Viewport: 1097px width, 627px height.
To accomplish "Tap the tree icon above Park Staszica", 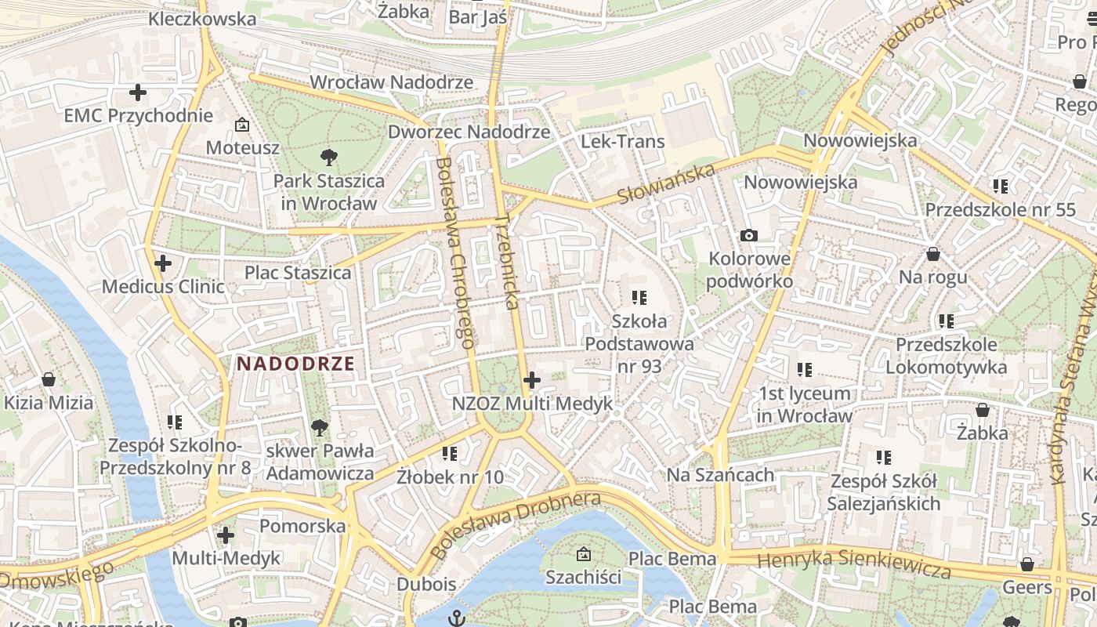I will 329,158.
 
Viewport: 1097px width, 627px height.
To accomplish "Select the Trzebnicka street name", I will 508,262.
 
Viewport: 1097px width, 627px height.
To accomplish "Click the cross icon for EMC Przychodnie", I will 138,93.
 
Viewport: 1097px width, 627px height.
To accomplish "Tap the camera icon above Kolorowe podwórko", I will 749,235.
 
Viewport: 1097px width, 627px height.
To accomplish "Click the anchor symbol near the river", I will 456,618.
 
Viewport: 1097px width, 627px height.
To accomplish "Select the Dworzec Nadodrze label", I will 469,132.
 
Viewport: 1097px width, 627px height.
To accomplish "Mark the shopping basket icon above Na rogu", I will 932,255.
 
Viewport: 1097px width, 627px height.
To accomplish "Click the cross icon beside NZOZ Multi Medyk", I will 532,381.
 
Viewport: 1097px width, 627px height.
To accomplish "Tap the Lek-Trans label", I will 622,142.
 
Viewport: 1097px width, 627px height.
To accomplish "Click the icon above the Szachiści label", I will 583,555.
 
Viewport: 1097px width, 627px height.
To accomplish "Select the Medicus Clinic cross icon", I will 163,263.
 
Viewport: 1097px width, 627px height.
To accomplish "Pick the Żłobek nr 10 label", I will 450,477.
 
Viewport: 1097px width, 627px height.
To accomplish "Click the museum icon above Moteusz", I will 242,125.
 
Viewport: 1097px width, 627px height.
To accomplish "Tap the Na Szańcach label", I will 720,475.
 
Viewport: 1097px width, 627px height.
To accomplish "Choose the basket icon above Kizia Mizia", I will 49,380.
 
